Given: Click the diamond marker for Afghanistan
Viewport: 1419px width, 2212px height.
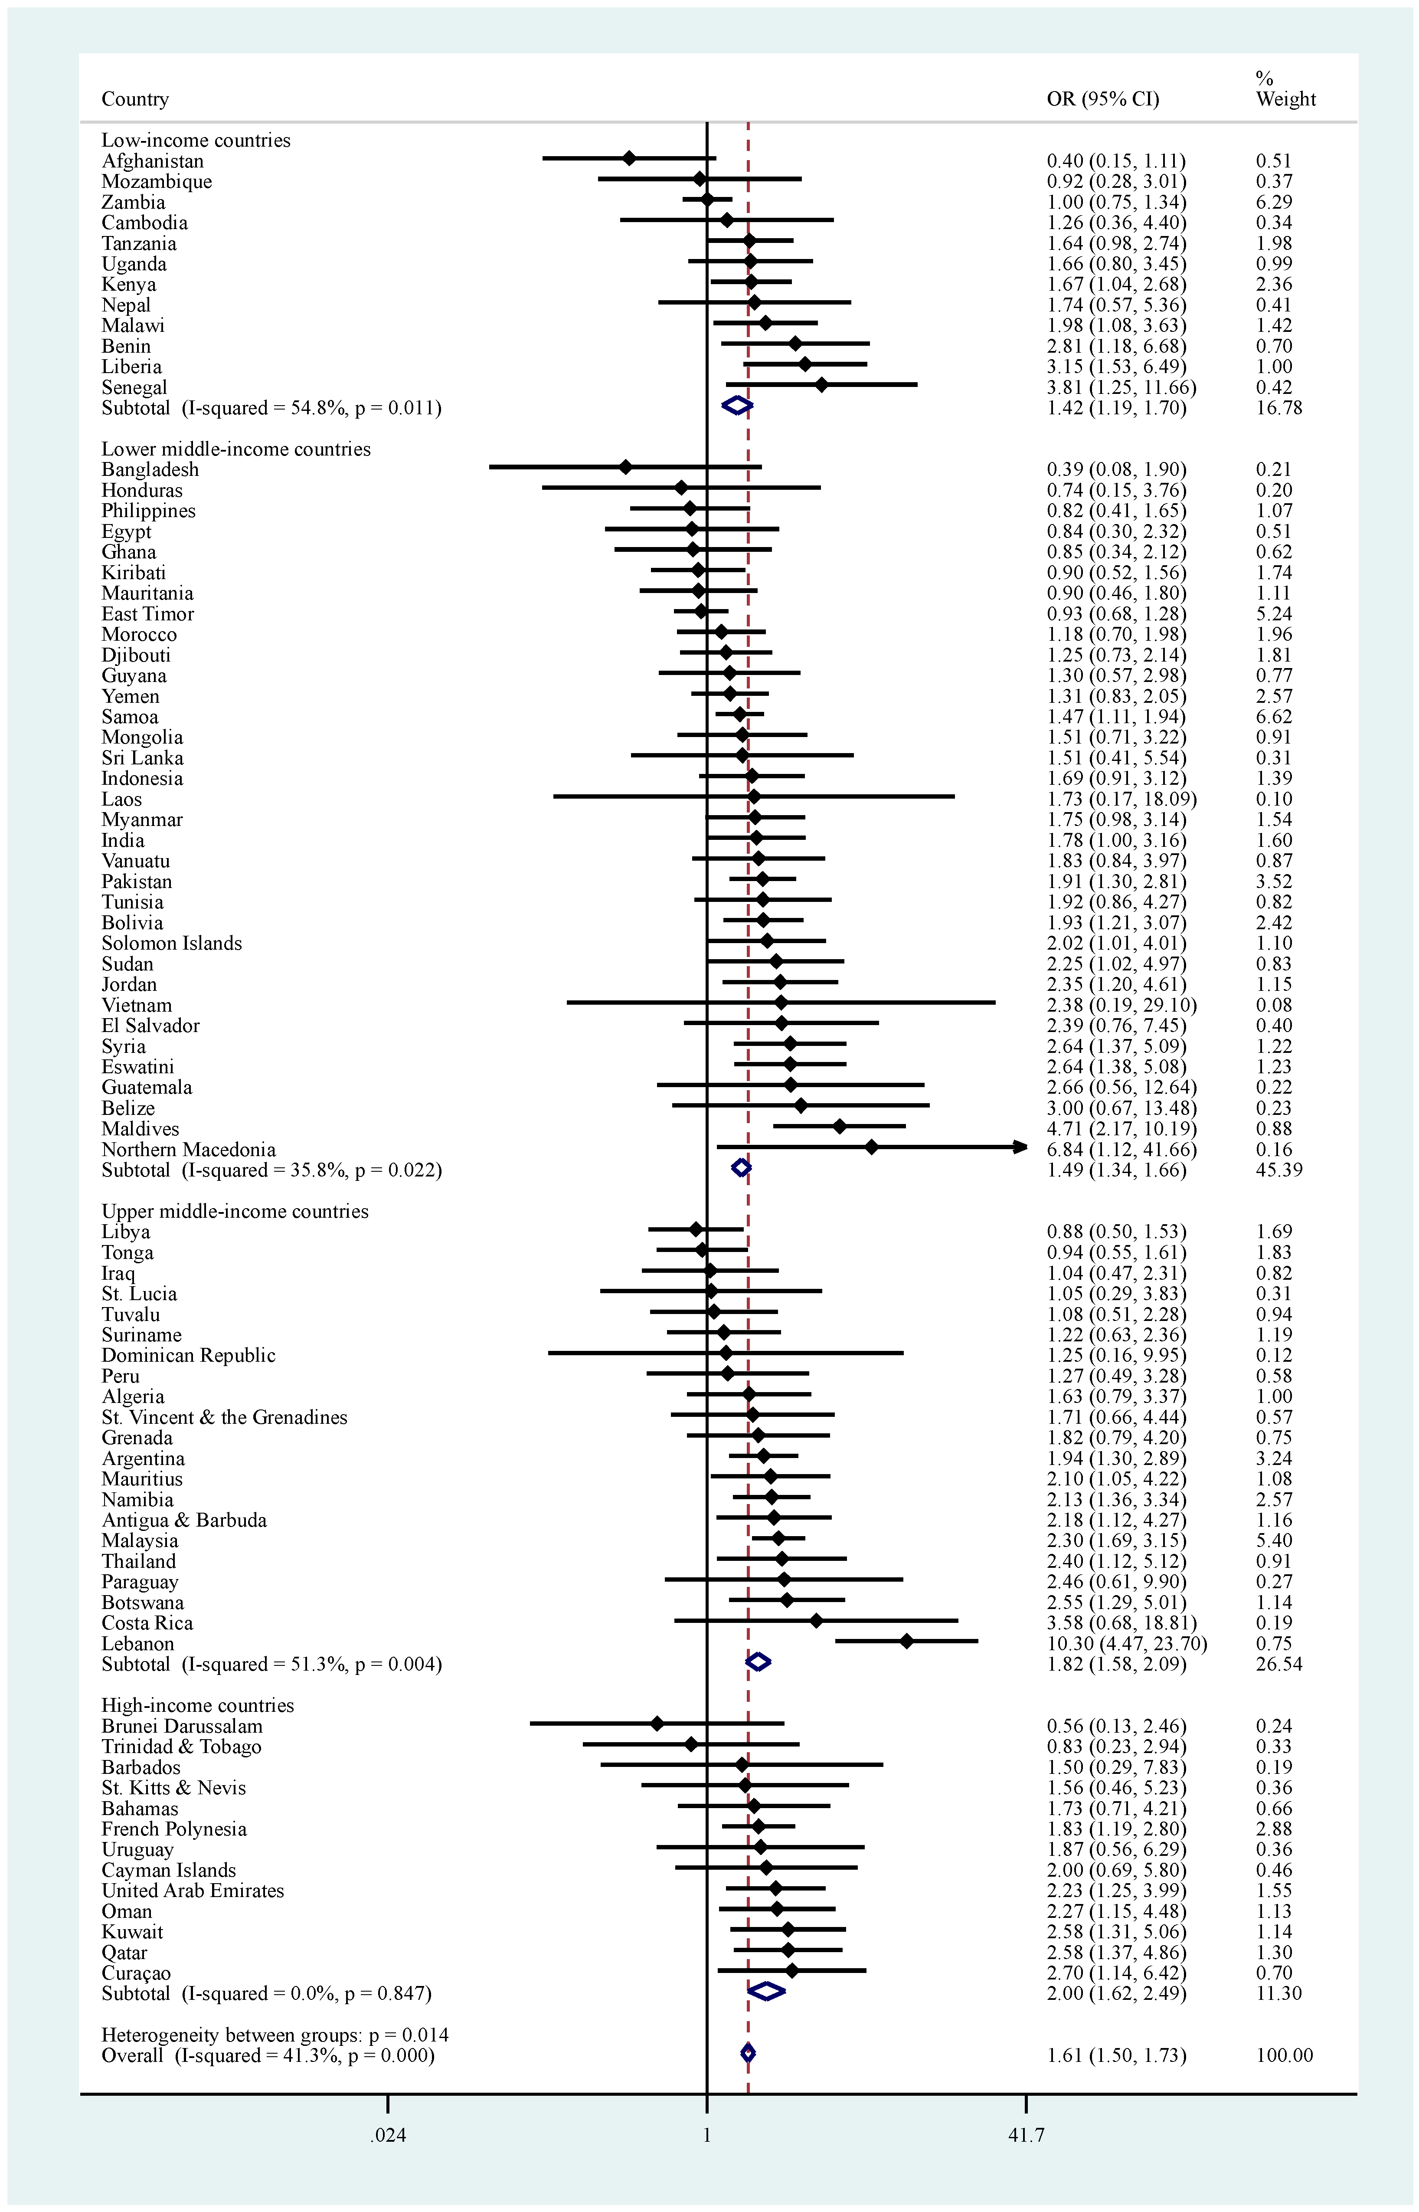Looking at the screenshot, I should click(x=629, y=158).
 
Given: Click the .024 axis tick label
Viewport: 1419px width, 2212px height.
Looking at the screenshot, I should click(x=388, y=2135).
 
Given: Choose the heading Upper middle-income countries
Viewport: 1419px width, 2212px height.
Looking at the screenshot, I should click(x=235, y=1211).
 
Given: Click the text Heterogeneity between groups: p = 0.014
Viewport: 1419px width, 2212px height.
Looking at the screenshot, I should click(x=275, y=2034).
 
